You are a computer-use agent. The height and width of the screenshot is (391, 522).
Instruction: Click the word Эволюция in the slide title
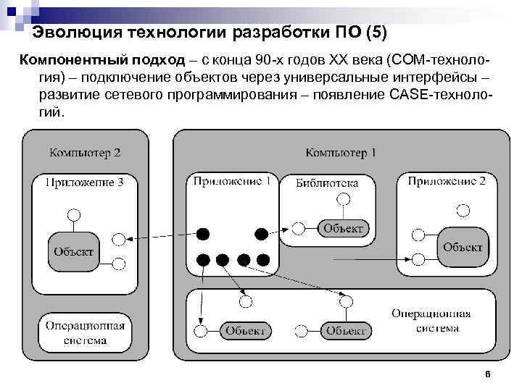click(78, 33)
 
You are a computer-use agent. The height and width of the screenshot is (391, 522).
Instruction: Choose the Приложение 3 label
click(85, 183)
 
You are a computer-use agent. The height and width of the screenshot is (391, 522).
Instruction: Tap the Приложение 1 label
click(232, 181)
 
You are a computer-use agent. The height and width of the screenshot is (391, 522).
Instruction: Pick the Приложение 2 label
click(447, 181)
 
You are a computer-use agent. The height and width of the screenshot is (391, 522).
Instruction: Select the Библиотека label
click(327, 183)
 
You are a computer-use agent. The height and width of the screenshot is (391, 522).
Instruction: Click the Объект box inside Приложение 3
click(73, 251)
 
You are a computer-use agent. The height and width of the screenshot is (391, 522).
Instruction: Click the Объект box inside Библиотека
click(343, 229)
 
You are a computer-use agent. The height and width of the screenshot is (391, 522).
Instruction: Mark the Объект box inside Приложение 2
click(463, 247)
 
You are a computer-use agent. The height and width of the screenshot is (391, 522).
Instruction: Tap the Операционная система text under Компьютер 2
click(85, 332)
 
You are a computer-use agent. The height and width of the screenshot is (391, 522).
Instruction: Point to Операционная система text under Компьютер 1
click(431, 321)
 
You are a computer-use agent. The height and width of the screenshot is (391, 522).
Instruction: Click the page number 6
click(488, 374)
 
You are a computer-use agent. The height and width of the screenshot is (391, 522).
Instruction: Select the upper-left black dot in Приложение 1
click(204, 233)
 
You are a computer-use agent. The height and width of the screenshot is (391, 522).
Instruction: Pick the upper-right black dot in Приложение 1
click(261, 233)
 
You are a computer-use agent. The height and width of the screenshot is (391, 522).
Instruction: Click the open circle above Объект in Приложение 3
click(72, 214)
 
